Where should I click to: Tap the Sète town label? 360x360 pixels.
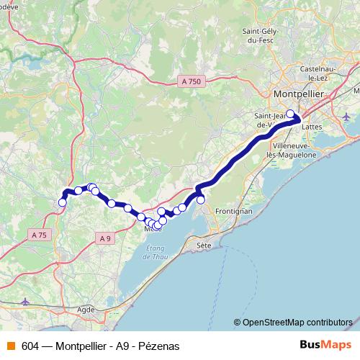click(204, 246)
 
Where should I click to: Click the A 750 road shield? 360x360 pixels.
click(190, 83)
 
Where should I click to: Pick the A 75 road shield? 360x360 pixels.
click(40, 235)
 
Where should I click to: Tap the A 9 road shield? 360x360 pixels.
click(106, 238)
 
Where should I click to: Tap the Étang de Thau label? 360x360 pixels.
click(156, 253)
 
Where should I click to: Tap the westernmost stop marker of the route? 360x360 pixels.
click(62, 202)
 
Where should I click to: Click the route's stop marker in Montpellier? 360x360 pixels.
click(290, 113)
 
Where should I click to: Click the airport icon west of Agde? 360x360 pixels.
click(27, 302)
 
